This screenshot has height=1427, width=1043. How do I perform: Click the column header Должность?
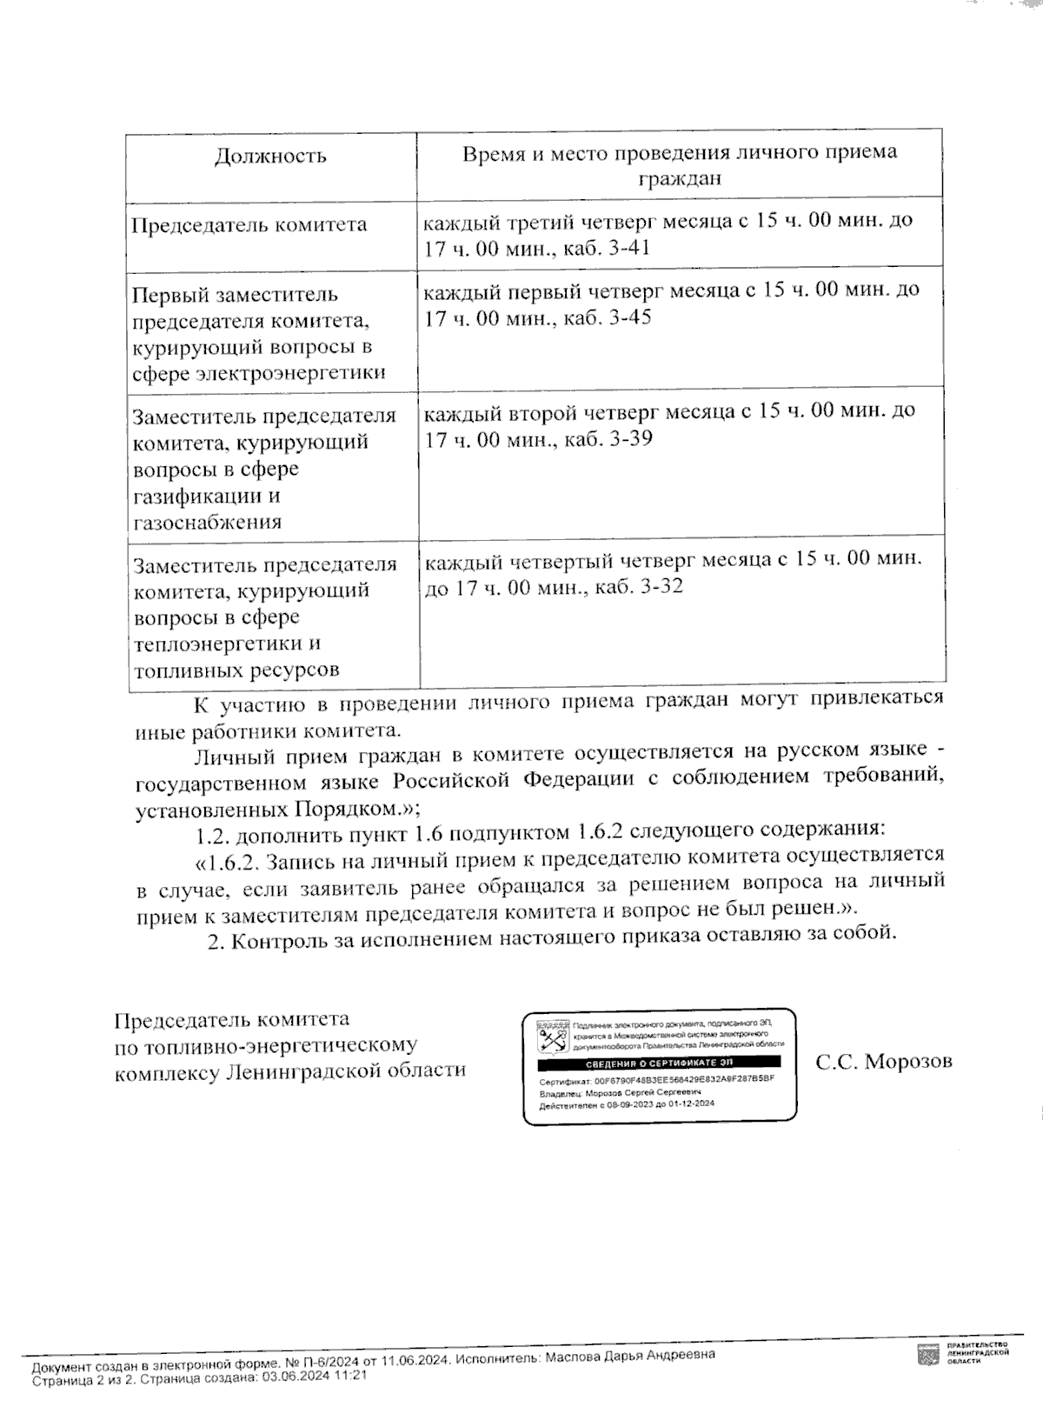tap(270, 157)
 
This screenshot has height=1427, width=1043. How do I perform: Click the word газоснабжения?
tap(207, 523)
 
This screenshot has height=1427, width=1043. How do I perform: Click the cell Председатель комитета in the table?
tap(249, 225)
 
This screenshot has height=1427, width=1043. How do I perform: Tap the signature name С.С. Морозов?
tap(884, 1062)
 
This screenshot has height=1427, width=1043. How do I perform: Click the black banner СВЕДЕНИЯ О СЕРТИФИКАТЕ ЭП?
tap(658, 1064)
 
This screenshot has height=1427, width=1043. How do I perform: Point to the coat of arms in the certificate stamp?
tap(550, 1035)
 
